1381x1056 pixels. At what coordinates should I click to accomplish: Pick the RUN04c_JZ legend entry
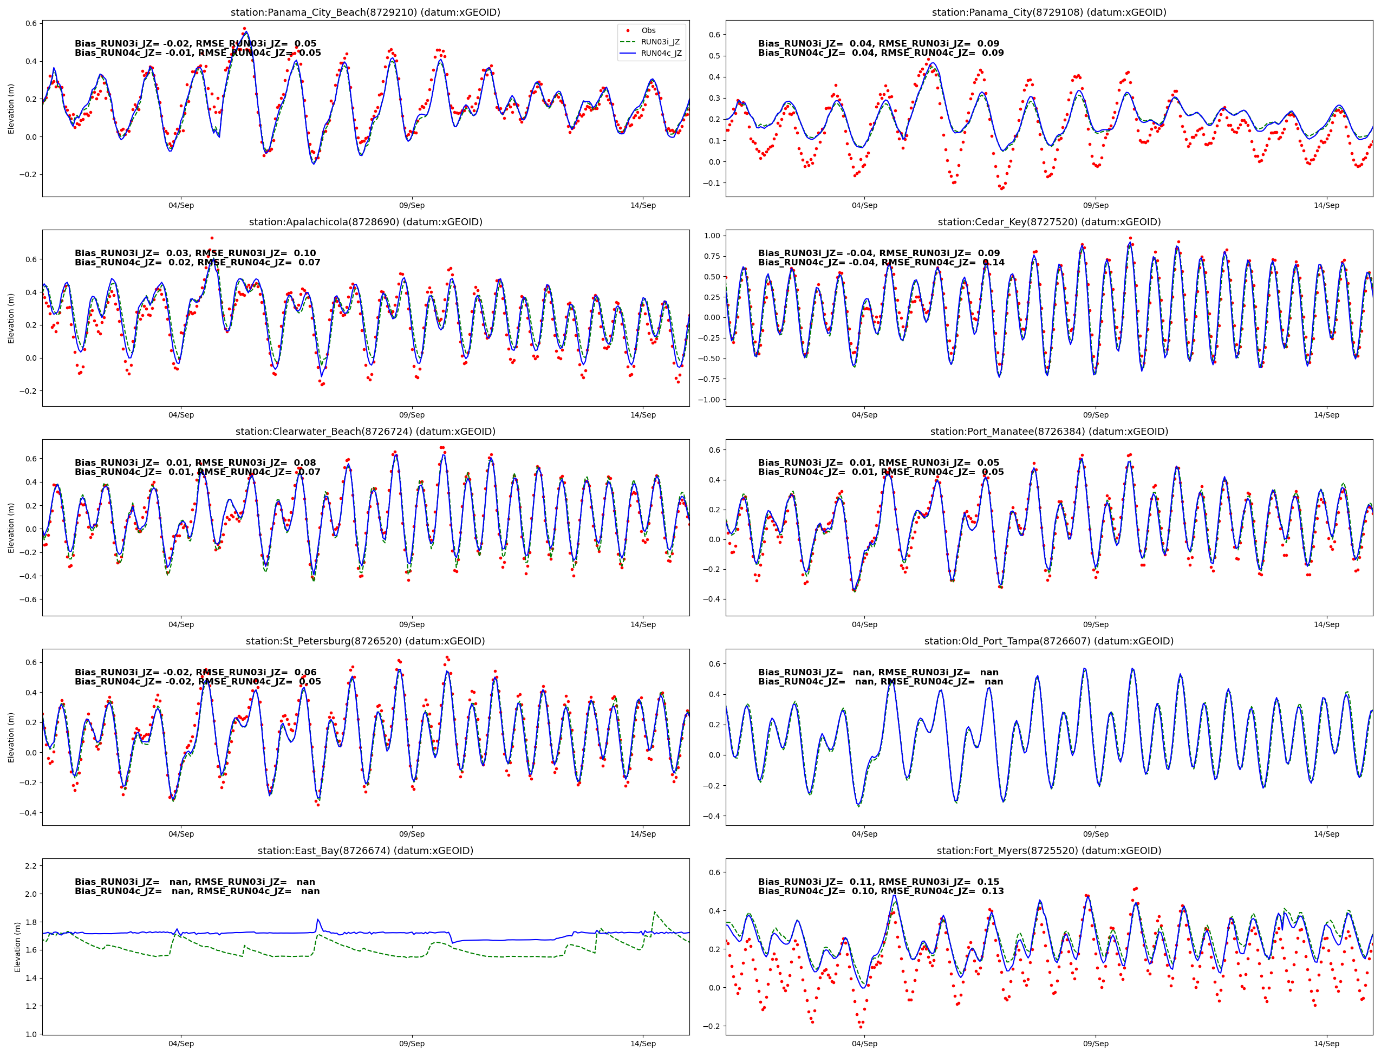point(661,54)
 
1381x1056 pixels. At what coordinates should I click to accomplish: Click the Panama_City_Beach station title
point(365,12)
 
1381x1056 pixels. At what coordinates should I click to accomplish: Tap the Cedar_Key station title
point(1048,222)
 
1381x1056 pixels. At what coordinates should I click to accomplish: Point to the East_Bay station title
point(365,850)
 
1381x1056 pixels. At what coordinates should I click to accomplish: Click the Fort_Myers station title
point(1048,850)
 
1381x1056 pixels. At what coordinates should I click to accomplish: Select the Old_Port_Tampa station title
point(1048,641)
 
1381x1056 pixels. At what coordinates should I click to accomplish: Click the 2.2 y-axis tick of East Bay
point(30,866)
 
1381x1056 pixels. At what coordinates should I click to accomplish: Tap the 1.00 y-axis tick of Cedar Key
point(712,236)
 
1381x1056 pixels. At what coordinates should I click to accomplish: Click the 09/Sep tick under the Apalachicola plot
point(412,415)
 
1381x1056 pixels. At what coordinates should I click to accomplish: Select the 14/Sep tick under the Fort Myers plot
point(1326,1044)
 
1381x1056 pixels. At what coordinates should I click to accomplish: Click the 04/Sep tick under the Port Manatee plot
point(864,624)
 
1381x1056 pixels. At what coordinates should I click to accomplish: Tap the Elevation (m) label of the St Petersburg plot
point(11,738)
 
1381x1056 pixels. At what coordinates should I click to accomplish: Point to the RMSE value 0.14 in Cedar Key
point(994,263)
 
